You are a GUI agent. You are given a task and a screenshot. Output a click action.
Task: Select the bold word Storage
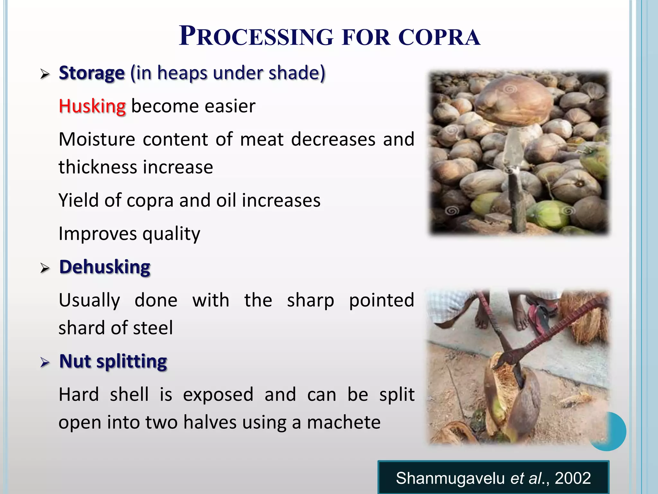click(92, 73)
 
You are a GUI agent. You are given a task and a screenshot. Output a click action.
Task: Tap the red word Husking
click(92, 106)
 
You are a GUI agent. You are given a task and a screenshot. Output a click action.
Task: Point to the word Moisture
click(97, 140)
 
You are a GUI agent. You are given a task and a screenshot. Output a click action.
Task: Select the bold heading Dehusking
click(105, 267)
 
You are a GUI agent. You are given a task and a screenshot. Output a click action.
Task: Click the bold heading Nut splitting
click(113, 361)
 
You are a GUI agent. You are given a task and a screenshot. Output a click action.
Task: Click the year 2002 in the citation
click(573, 478)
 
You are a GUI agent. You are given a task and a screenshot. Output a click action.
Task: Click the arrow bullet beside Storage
click(45, 75)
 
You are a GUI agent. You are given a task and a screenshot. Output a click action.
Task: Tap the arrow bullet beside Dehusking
click(45, 268)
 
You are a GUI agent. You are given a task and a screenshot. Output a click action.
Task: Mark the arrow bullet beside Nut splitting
click(45, 363)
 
